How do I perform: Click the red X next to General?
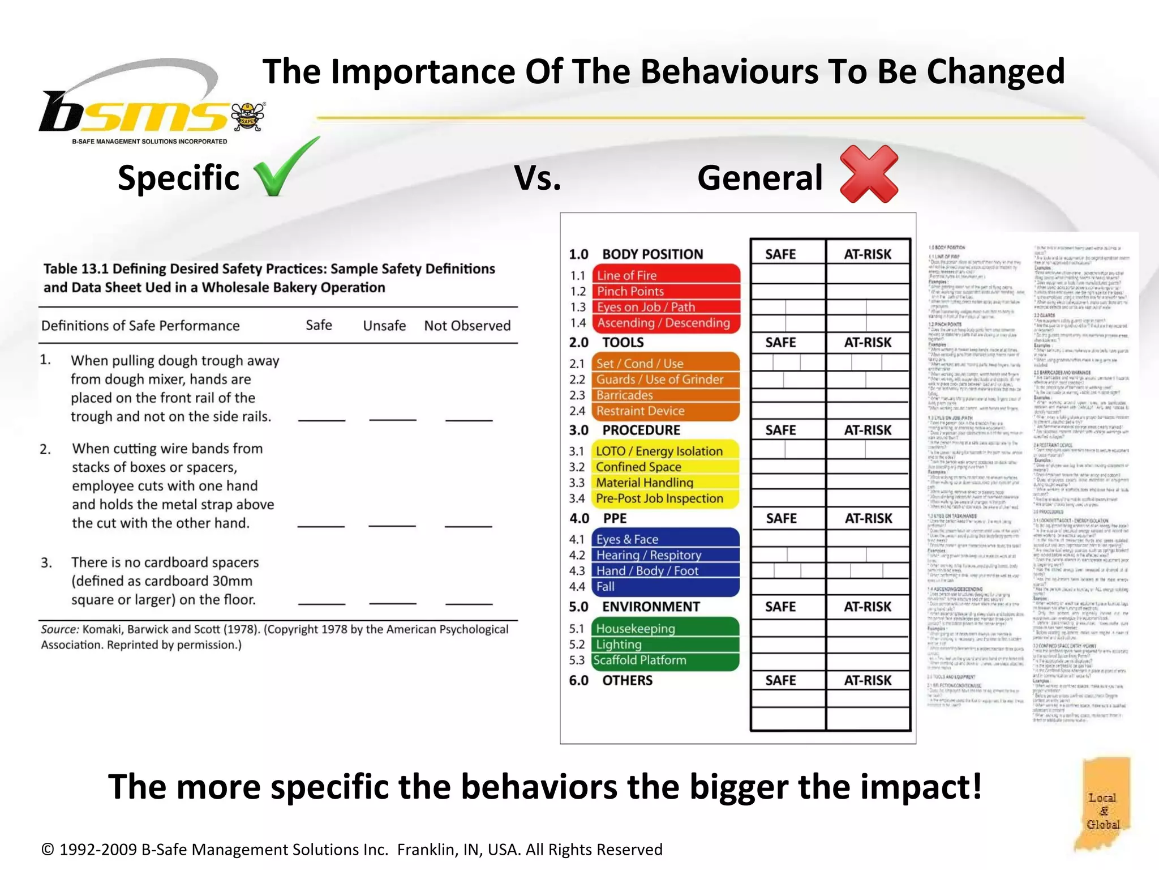pos(869,174)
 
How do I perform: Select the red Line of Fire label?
pos(666,275)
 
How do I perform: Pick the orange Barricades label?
pos(666,395)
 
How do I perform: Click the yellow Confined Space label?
pos(666,467)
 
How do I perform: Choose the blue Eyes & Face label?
pos(666,539)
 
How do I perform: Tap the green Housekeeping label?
pos(666,629)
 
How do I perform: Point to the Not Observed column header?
pos(467,326)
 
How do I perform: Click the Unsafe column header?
pos(384,326)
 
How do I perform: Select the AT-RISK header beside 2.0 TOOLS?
pos(868,343)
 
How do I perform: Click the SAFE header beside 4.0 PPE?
pos(781,518)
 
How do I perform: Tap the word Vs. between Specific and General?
pos(538,178)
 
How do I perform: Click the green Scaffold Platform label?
pos(666,660)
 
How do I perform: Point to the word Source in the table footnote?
pos(59,629)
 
